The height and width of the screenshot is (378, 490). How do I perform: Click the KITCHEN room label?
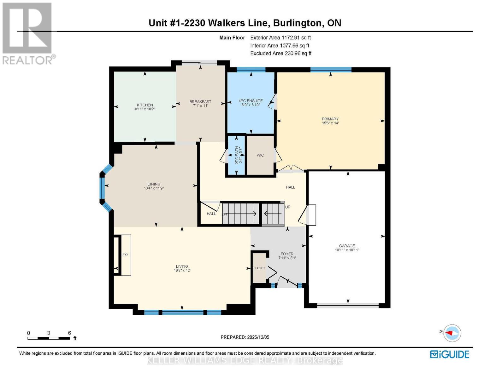coord(145,105)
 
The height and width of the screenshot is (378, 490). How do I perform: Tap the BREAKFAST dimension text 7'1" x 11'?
coord(200,106)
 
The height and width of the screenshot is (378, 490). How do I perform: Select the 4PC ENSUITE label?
coord(251,101)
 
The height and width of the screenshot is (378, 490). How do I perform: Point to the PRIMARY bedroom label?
coord(330,119)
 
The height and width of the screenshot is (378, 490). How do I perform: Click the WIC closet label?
coord(260,155)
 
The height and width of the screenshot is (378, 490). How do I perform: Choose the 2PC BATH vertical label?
coord(237,155)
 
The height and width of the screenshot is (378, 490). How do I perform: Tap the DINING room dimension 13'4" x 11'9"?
coord(154,188)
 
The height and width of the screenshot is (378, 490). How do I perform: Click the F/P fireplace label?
coord(125,255)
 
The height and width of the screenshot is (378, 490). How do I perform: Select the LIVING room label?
coord(182,266)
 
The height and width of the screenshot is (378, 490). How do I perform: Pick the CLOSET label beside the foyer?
coord(259,268)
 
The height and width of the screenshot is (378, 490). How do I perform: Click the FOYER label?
coord(287,254)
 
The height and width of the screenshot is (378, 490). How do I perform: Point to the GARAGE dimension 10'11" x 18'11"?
coord(347,250)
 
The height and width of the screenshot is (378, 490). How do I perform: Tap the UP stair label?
coord(288,207)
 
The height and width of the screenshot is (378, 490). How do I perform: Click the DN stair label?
coord(224,214)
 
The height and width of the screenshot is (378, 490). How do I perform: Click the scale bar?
coord(49,338)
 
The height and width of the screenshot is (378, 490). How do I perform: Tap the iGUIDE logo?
coord(450,354)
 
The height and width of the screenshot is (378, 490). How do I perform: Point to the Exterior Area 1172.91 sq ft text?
coord(280,37)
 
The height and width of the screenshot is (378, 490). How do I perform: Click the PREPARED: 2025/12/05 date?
coord(245,337)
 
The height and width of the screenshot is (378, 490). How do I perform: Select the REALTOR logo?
coord(28,34)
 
